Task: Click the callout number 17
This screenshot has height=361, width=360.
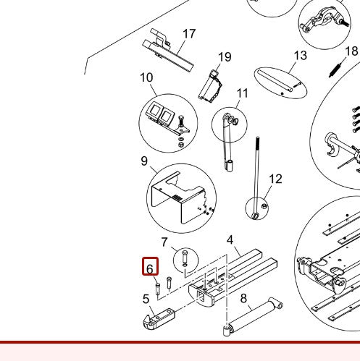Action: (x=189, y=34)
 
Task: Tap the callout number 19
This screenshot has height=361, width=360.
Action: (x=225, y=57)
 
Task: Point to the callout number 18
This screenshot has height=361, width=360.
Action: (x=351, y=51)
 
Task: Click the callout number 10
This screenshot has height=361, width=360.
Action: (x=146, y=78)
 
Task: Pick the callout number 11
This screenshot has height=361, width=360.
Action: (x=242, y=93)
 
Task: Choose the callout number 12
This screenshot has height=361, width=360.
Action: (x=275, y=179)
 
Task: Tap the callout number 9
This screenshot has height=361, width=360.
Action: (x=144, y=161)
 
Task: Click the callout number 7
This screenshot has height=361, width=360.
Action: (x=164, y=242)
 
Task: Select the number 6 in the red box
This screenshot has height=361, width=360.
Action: (x=150, y=268)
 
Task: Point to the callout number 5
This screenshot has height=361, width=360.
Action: (x=146, y=297)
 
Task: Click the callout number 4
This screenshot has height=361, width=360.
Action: (x=230, y=240)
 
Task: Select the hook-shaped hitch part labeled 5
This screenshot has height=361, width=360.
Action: (x=160, y=318)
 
